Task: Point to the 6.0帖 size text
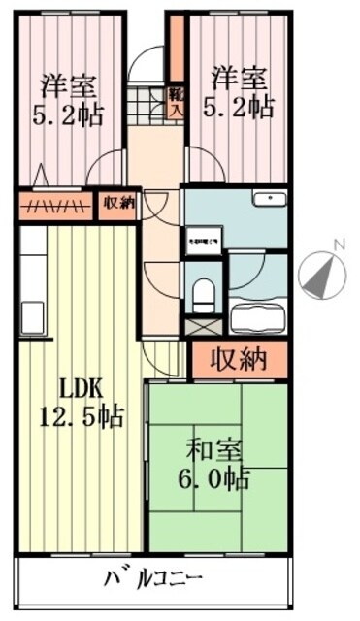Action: coord(216,478)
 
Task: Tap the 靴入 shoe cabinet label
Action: coord(177,102)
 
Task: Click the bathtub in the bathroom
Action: coord(256,316)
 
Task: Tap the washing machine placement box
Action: coord(205,238)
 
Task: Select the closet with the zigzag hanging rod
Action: coord(56,204)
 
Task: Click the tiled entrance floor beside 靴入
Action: coord(151,100)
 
